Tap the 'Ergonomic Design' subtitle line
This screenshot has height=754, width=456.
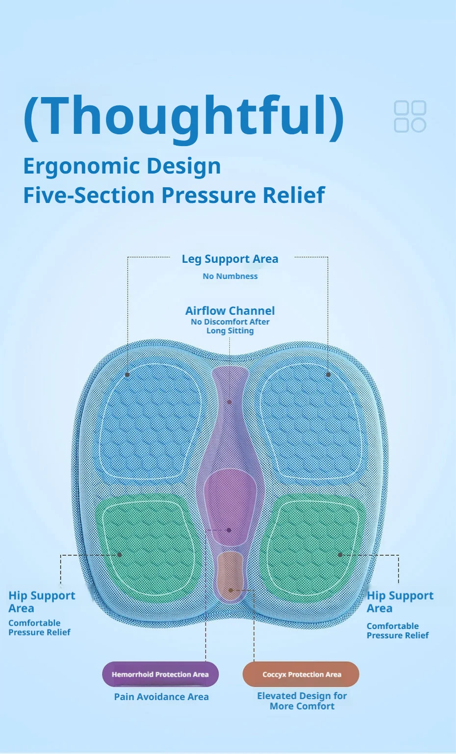point(122,166)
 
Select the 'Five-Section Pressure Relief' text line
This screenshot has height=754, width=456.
point(174,195)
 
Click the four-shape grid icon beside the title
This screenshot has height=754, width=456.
point(410,116)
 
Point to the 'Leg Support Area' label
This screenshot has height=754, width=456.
point(230,259)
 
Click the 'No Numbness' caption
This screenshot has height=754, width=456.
point(230,276)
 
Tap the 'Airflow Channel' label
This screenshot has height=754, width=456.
point(230,310)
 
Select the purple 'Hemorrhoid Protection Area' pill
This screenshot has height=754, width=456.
point(160,674)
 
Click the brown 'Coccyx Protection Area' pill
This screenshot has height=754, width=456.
point(301,674)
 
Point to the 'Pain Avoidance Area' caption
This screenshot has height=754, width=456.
point(161,697)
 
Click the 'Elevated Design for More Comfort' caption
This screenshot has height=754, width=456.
point(302,701)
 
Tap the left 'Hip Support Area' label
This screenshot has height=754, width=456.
point(42,602)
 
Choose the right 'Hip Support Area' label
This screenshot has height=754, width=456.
point(400,602)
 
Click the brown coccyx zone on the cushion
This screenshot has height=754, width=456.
point(230,575)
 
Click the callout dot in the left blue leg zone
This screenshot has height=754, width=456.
point(127,375)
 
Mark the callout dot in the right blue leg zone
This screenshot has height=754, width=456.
point(329,375)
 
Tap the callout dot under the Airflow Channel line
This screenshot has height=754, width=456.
point(229,402)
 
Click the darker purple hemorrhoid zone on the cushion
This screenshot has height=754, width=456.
point(230,506)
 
